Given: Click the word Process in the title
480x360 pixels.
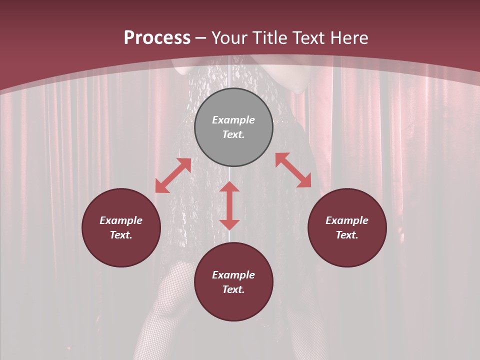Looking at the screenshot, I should pos(157,38).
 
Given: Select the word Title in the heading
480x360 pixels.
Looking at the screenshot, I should pos(267,38).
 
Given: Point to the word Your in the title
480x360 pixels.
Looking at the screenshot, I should pos(228,38).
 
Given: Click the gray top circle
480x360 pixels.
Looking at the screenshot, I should pos(233,127).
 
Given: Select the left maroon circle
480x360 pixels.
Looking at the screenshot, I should pos(121,227).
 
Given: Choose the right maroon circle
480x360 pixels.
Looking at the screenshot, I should pos(347,227).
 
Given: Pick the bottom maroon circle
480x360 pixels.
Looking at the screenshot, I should pos(233,281).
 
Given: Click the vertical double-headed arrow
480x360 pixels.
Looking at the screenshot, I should pos(229,205).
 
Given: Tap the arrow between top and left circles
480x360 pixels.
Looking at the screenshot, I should pos(173,175).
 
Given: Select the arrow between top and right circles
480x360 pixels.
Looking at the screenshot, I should pos(293,170).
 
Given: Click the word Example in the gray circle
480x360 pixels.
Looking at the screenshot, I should pos(233,120).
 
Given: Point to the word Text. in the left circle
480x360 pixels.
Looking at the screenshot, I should pos(121,235).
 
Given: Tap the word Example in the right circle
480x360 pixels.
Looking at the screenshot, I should pos(347,220).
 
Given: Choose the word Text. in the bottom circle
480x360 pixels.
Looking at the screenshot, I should pos(233,289).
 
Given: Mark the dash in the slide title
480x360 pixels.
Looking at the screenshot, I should pos(201,38).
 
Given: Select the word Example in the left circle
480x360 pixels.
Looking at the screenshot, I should pos(121,220).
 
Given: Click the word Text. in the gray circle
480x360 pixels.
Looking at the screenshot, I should pos(233,135).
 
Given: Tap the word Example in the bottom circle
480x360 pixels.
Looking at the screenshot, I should pos(233,275).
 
